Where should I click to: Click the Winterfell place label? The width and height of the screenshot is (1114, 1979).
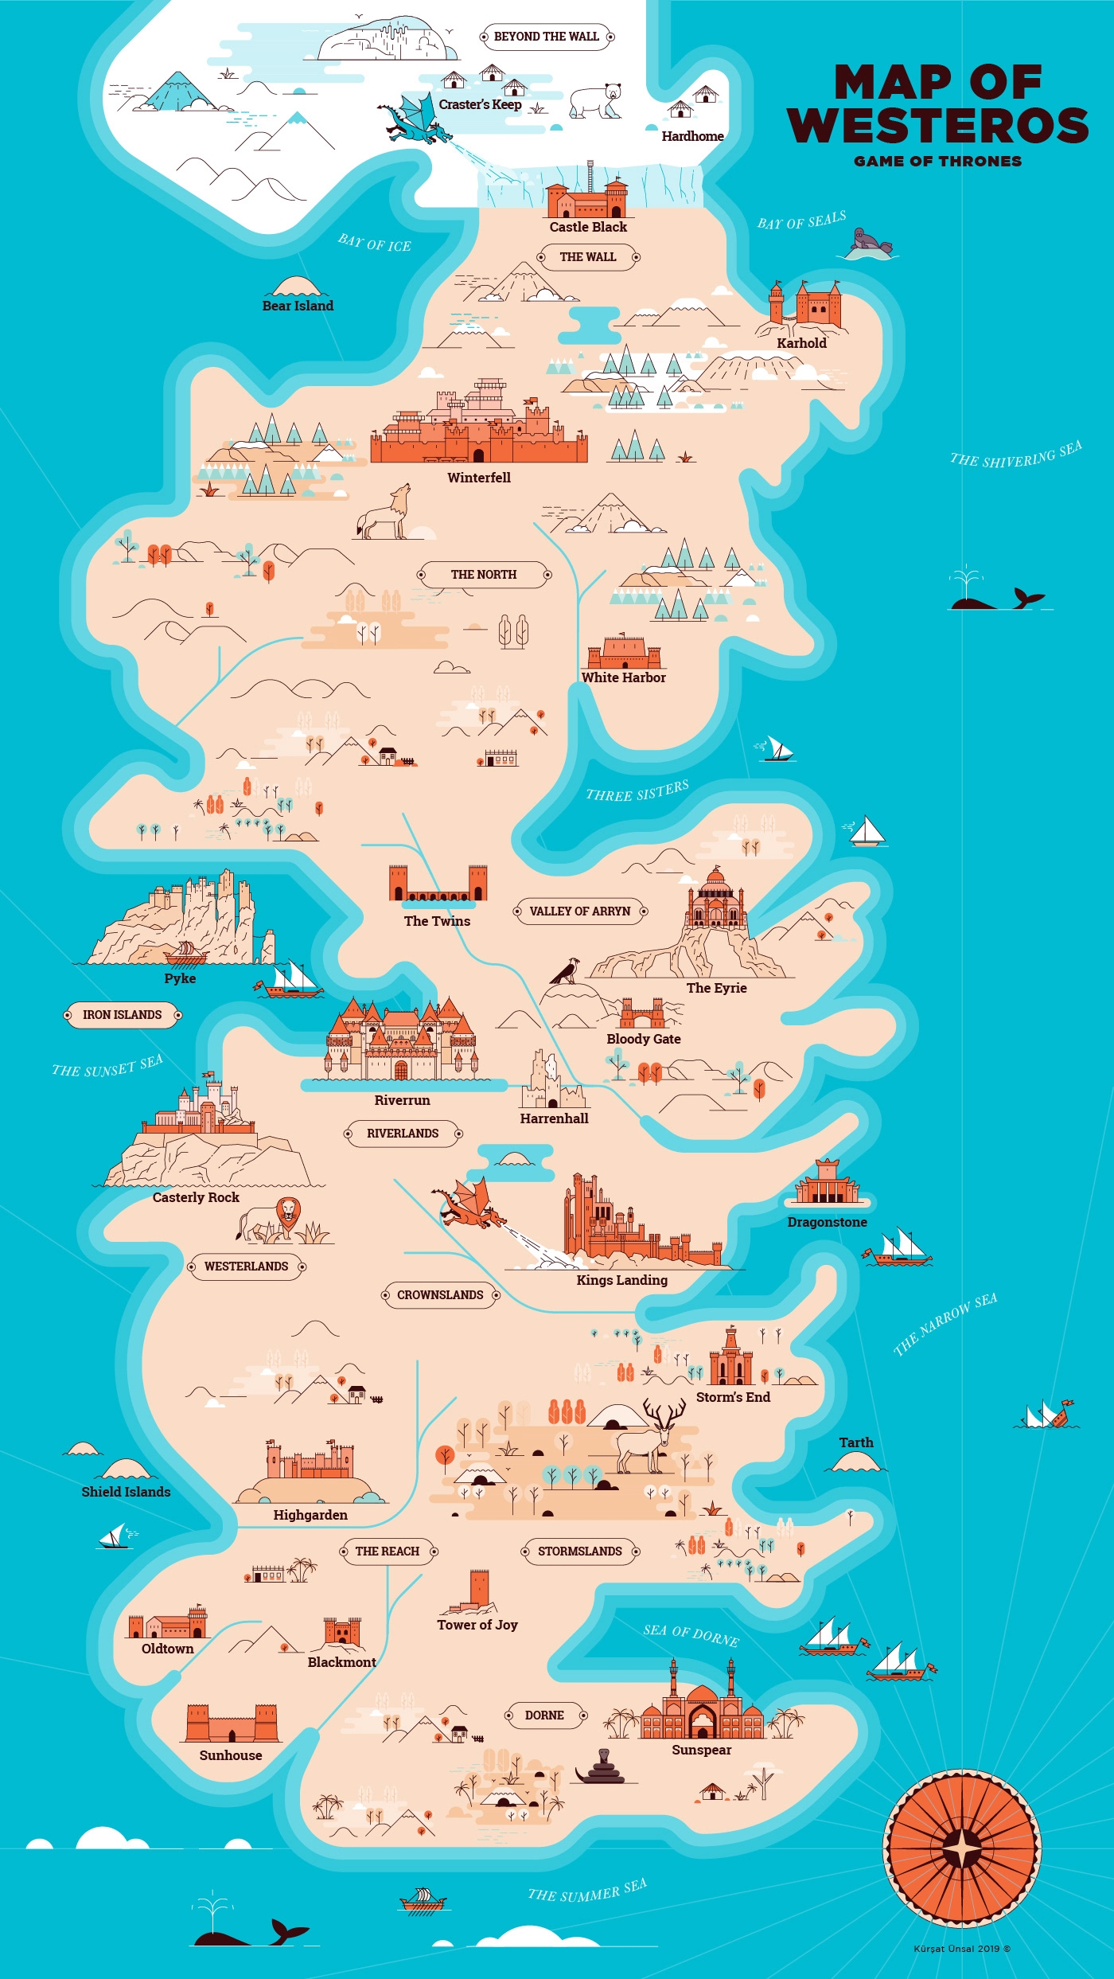[478, 478]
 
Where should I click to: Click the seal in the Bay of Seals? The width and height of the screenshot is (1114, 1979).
[868, 242]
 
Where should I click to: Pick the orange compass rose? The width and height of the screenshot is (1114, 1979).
[961, 1848]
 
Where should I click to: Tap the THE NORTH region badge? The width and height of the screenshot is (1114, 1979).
[484, 575]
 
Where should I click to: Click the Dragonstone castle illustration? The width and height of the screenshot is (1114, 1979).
[828, 1182]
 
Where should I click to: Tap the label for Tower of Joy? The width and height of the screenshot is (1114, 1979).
[477, 1625]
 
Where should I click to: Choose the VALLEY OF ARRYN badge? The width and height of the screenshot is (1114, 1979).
[579, 911]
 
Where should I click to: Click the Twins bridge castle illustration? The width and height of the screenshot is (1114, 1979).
[438, 885]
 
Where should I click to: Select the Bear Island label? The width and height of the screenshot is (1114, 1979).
[298, 306]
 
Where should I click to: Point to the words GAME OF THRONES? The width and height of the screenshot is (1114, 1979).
[937, 162]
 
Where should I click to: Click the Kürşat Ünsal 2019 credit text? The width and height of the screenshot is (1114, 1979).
[961, 1949]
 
